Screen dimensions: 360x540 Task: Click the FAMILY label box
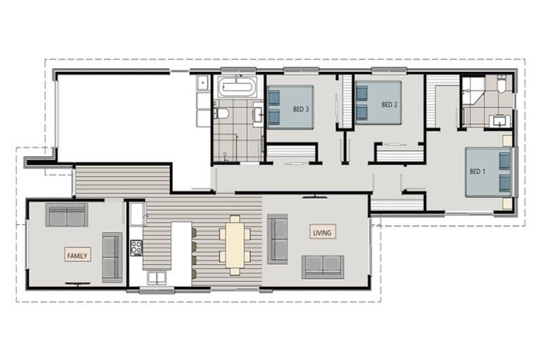[x=77, y=256]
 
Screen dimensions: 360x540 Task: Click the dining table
[x=233, y=244]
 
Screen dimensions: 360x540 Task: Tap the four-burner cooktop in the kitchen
[x=136, y=247]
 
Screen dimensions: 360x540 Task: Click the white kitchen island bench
[x=181, y=253]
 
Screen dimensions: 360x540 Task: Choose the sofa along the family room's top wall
[x=67, y=214]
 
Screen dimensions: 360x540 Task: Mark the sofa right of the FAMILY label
[x=112, y=257]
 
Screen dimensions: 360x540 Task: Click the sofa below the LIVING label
[x=323, y=266]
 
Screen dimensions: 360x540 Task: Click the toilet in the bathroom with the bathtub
[x=220, y=112]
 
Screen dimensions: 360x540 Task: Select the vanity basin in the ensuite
[x=501, y=119]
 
